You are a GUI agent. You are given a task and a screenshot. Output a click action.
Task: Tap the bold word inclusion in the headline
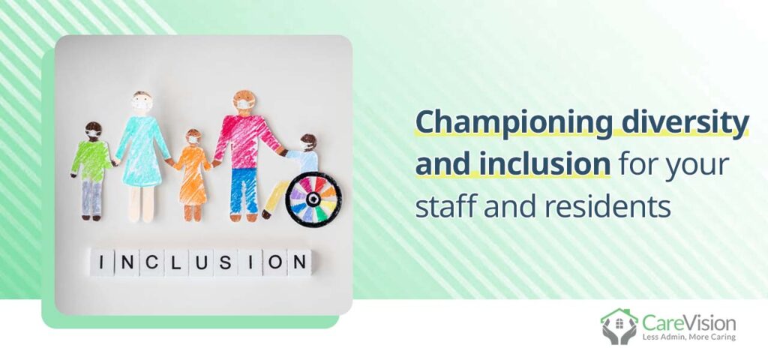click(512, 165)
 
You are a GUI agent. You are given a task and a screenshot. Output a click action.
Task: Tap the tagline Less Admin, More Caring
click(688, 337)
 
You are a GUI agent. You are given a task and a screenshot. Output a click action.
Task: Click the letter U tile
click(201, 262)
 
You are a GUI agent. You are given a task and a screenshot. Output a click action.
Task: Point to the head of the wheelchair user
click(307, 142)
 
